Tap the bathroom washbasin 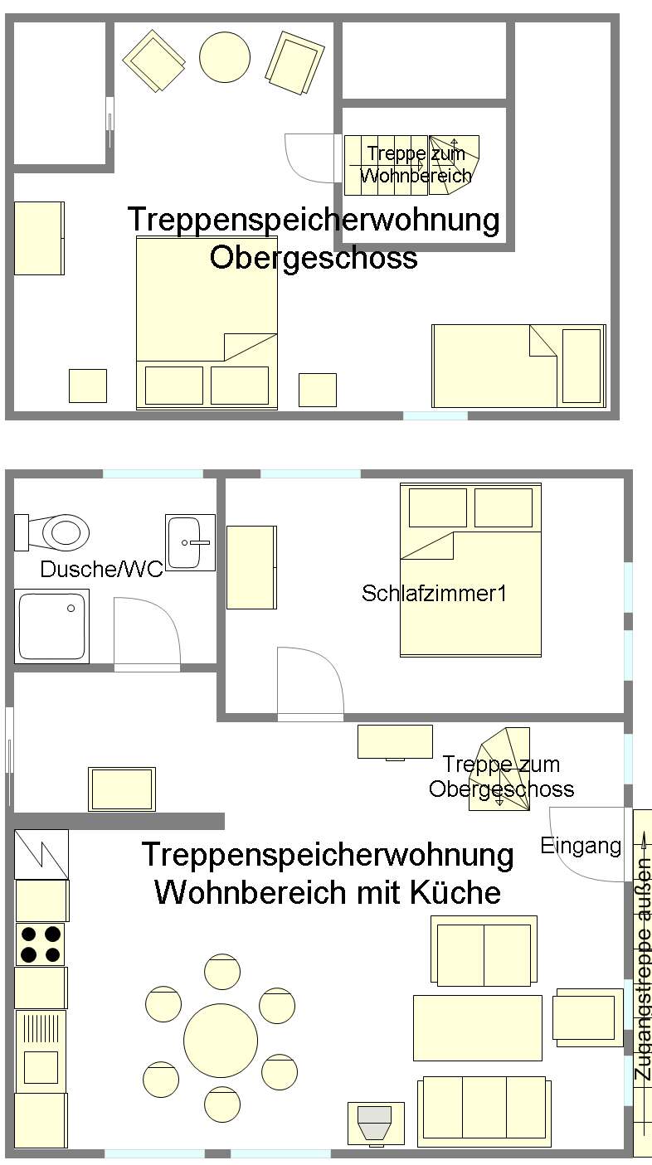click(x=190, y=542)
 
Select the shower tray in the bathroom click(x=51, y=626)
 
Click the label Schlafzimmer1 click(x=434, y=594)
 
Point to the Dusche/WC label click(x=101, y=569)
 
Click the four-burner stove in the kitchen click(x=40, y=944)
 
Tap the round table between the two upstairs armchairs click(x=225, y=57)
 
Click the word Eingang click(x=581, y=847)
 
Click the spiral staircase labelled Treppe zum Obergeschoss click(x=499, y=769)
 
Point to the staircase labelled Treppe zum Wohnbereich click(x=412, y=165)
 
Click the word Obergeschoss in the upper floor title click(x=314, y=257)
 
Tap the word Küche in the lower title click(x=455, y=892)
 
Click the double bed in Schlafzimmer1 click(x=471, y=570)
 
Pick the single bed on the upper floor click(x=518, y=366)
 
